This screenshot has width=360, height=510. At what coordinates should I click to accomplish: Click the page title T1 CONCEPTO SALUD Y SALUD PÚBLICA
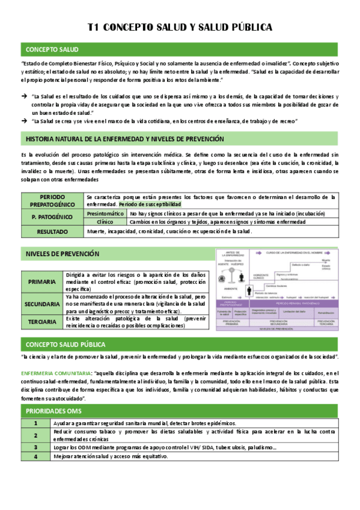180,27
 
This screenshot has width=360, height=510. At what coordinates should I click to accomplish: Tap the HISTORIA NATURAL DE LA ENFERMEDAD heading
125,139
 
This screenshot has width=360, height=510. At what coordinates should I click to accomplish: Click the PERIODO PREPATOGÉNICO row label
52,201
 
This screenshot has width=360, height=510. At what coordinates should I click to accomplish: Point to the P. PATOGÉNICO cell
52,218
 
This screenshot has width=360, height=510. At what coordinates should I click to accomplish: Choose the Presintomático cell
105,214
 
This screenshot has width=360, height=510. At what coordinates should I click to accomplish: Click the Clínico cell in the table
105,222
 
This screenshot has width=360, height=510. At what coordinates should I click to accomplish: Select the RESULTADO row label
52,231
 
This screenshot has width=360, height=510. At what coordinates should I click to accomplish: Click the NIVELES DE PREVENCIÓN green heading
63,254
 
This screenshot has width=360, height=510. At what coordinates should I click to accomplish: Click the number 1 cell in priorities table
35,423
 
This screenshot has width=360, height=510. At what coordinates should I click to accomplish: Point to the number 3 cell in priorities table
35,447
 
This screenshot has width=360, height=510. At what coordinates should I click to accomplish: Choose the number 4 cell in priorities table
35,456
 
